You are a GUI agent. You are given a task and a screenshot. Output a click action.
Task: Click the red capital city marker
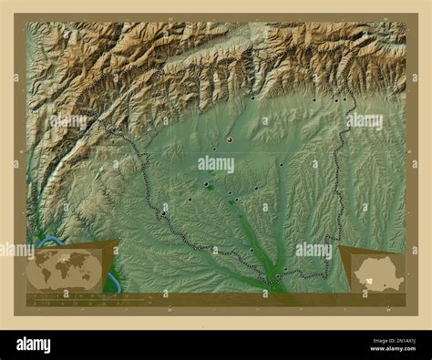(230, 139)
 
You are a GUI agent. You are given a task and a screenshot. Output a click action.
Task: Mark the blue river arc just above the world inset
(51, 242)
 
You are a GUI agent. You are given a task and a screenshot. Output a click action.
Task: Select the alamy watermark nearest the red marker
(215, 165)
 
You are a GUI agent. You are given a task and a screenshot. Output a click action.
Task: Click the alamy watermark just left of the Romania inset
(313, 249)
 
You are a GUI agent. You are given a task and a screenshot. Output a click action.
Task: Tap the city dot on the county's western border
(163, 213)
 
